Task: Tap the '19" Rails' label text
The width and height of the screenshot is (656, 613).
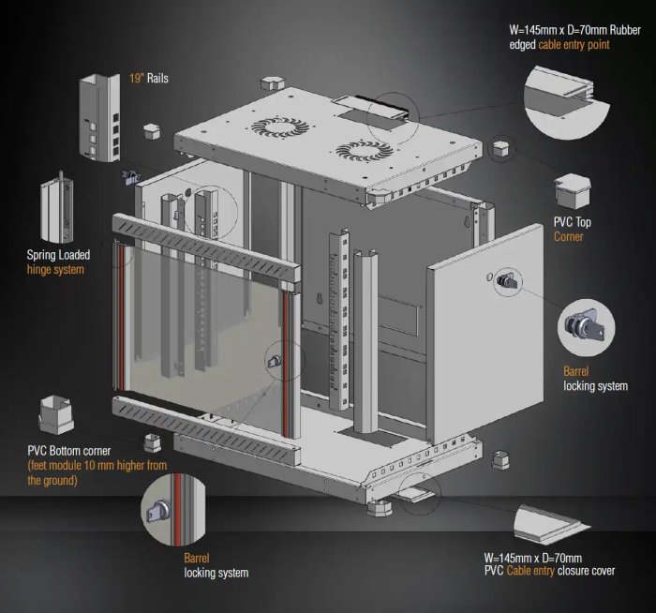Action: (149, 79)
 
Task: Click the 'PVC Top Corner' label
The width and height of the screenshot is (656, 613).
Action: (572, 230)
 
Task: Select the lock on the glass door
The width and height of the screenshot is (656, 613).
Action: (274, 360)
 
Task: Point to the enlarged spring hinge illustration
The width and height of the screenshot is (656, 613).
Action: (57, 208)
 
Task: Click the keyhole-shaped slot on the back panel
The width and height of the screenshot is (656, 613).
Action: (321, 300)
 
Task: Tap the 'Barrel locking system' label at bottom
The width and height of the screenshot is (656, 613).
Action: (216, 564)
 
